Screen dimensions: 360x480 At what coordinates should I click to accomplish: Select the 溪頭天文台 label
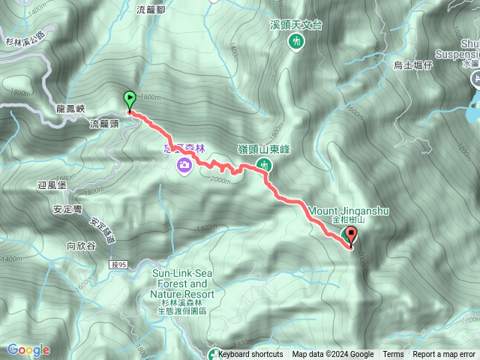295,25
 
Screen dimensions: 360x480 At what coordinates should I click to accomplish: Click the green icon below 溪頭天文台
295,42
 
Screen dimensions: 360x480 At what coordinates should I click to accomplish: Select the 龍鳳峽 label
73,109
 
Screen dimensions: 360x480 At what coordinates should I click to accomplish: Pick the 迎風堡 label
52,184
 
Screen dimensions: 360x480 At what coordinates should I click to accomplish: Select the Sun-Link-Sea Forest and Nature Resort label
184,279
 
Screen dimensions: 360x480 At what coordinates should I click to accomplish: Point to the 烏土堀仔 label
414,66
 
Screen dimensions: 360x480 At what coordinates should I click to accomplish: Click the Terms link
393,355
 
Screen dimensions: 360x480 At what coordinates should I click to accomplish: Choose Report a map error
444,355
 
